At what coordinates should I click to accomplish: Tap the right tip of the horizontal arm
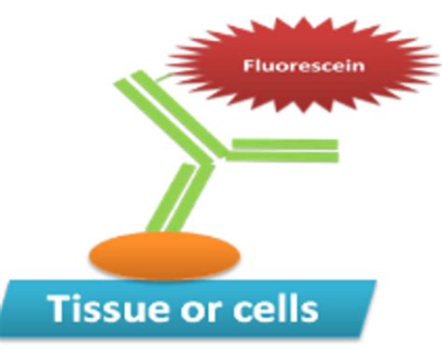(334, 149)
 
